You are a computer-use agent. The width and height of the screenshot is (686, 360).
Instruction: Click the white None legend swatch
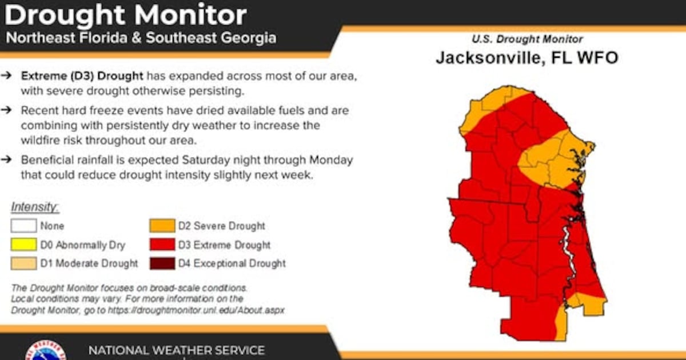point(23,226)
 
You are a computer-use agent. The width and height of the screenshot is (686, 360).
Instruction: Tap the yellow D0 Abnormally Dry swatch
point(23,245)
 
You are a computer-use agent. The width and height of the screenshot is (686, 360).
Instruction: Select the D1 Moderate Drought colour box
point(23,263)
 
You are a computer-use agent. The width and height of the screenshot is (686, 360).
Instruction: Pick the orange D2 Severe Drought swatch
point(162,226)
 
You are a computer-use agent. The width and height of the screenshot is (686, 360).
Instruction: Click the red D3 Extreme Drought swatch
point(162,245)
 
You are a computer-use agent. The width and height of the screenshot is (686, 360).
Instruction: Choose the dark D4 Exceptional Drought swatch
point(162,263)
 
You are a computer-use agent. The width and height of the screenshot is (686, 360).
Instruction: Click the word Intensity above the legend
point(34,207)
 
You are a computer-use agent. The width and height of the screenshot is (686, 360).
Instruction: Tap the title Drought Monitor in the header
point(126,15)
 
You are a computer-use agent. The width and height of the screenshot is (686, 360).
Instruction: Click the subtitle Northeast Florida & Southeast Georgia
point(141,38)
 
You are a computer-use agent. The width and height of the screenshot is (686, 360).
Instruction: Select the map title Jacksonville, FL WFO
point(527,58)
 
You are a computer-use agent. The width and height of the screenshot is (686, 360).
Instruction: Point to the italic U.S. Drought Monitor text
point(527,39)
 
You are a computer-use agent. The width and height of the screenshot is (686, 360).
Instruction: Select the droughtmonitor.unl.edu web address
point(206,310)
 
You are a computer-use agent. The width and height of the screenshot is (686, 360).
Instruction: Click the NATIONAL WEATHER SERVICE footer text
point(176,350)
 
